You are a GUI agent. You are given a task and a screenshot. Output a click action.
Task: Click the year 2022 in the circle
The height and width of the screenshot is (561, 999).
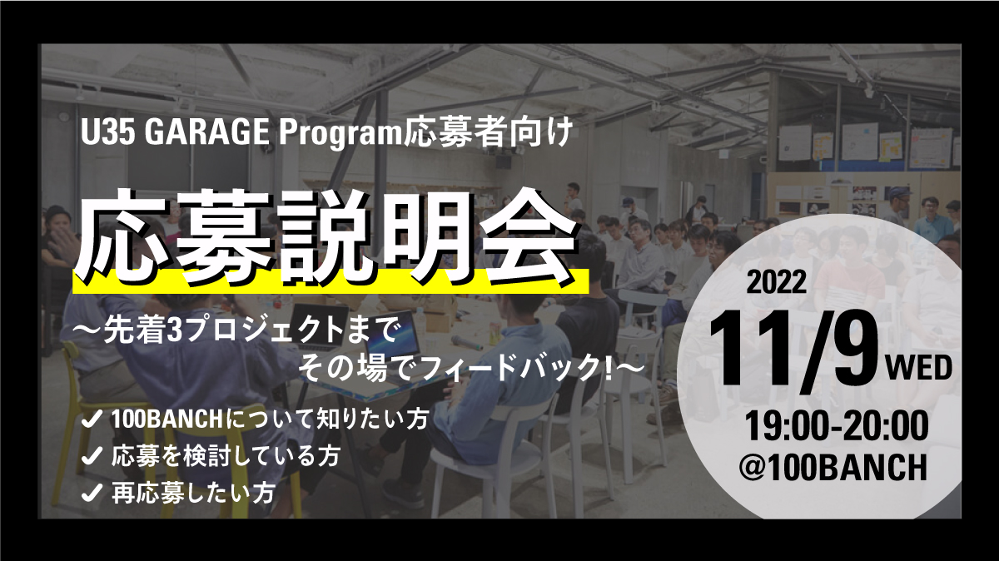click(777, 282)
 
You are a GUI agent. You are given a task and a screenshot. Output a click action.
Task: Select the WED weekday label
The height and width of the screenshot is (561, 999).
click(918, 369)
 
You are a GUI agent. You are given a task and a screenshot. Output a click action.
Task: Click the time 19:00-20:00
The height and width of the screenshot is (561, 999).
click(835, 426)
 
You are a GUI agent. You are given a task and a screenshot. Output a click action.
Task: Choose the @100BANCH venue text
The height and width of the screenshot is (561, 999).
click(833, 467)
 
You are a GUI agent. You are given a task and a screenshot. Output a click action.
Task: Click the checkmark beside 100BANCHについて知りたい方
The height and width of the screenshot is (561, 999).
click(92, 419)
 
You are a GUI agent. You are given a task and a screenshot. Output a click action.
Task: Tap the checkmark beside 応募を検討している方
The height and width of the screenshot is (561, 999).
click(92, 456)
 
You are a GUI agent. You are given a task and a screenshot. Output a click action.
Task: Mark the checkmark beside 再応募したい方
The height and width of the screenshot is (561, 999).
click(92, 492)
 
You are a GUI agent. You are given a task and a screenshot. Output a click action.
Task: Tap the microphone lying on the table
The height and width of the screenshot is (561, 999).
click(467, 341)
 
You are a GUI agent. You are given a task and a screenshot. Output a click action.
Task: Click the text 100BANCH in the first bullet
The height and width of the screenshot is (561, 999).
click(166, 420)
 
